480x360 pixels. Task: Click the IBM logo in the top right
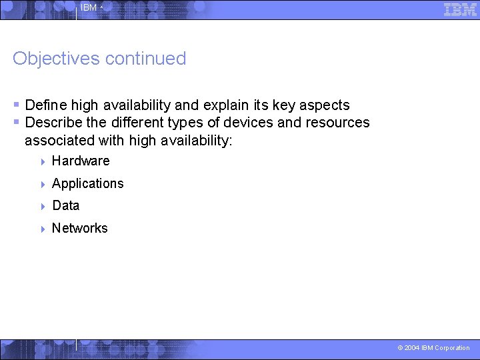click(460, 9)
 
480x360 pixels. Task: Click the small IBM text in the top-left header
click(89, 8)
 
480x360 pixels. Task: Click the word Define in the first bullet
click(46, 105)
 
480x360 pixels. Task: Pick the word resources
click(337, 123)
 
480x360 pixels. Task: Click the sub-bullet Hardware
click(81, 161)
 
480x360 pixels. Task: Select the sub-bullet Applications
click(88, 183)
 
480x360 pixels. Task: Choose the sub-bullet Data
click(66, 205)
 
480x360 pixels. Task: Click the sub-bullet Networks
click(80, 228)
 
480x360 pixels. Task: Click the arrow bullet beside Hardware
click(42, 161)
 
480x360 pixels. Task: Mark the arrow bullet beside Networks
click(42, 229)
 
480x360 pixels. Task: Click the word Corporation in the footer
click(452, 348)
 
